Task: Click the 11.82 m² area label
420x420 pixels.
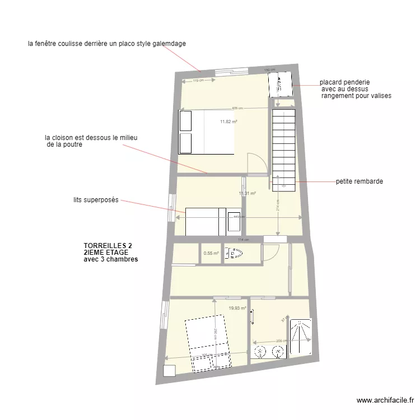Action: [228, 122]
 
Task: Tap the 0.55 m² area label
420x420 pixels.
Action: [211, 253]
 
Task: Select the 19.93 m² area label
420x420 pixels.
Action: [237, 308]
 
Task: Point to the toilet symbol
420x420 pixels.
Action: [232, 253]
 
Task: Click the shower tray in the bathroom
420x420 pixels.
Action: [300, 337]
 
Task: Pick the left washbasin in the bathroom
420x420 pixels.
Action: [260, 352]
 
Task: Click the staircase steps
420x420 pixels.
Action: [283, 146]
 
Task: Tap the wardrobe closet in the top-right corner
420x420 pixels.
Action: [279, 84]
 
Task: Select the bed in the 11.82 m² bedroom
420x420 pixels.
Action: [206, 132]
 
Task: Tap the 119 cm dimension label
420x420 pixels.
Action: [198, 81]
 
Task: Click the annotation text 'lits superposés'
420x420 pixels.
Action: [96, 200]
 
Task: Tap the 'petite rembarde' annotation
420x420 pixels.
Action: [360, 181]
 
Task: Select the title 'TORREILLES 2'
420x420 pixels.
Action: [108, 246]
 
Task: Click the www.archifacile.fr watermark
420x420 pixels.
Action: [385, 400]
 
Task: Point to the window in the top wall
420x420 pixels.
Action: [231, 71]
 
